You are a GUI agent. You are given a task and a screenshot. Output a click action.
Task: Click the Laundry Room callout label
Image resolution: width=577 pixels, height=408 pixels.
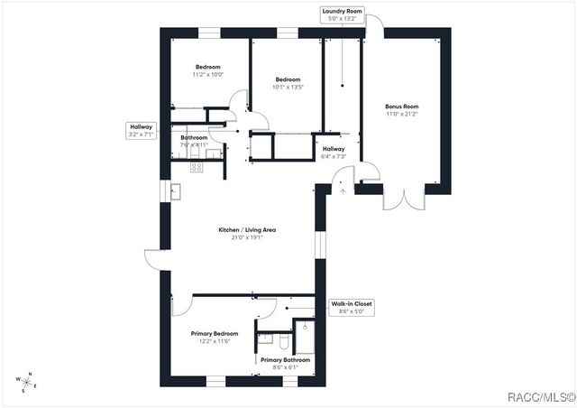[x=343, y=14]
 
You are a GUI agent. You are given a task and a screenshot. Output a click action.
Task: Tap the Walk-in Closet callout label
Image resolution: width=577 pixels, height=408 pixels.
[x=350, y=308]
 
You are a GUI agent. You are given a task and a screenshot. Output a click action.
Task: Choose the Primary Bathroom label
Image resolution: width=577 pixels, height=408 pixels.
[x=284, y=363]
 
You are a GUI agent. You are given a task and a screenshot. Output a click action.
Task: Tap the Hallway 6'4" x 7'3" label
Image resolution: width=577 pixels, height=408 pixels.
[x=334, y=153]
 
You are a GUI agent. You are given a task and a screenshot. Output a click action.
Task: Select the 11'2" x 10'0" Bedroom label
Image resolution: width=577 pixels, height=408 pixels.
[x=209, y=71]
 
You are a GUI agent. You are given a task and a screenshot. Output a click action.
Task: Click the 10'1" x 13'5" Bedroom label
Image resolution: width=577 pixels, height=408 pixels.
[x=288, y=83]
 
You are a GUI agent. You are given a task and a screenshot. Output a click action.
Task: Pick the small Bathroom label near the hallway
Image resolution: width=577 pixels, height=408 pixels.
[x=194, y=141]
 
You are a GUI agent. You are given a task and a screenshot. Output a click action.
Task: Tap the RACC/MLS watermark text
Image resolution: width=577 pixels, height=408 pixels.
[x=541, y=394]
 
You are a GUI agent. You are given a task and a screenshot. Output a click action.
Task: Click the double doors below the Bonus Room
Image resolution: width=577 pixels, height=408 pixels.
[x=403, y=198]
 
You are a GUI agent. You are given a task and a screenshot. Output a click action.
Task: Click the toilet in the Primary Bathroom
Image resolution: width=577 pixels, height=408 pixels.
[x=280, y=341]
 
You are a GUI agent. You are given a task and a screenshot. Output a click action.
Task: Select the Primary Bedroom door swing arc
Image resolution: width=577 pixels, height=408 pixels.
[x=180, y=305]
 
